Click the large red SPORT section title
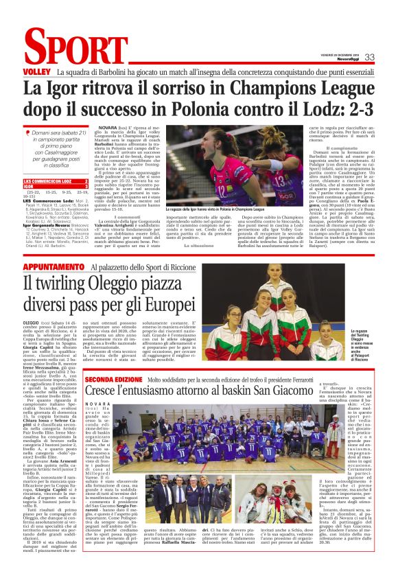[66, 49]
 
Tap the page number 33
[369, 57]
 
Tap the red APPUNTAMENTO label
[54, 267]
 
